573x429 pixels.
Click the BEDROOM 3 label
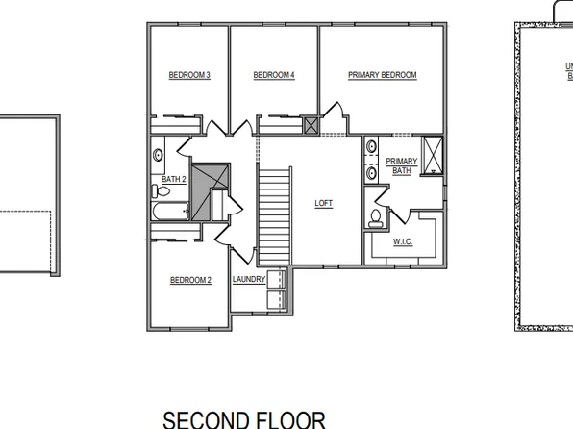coord(189,75)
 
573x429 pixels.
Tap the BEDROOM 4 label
coord(274,75)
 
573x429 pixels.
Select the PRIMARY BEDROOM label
coord(382,75)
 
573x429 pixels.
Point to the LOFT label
coord(324,203)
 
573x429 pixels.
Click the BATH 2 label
coord(173,179)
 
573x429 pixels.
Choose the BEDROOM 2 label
coord(190,280)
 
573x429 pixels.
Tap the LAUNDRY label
coord(248,280)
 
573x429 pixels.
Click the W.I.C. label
coord(403,241)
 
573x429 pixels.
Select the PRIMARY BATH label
coord(402,165)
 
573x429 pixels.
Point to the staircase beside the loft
coord(274,214)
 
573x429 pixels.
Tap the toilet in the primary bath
coord(375,218)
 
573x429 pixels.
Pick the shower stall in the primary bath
coord(433,154)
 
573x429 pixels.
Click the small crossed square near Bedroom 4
coord(311,125)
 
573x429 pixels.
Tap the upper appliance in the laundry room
coord(276,279)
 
